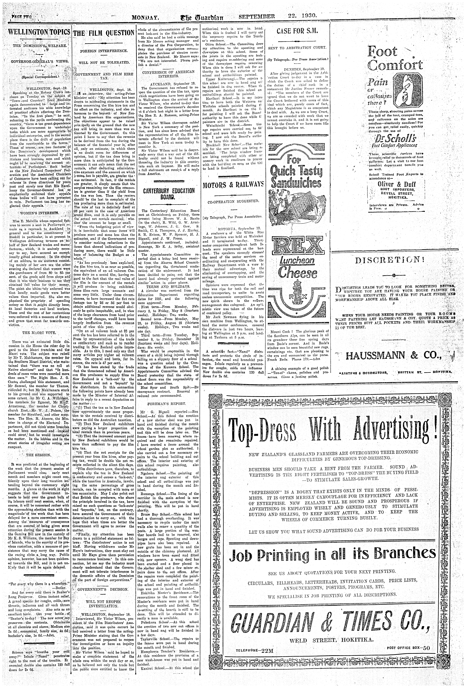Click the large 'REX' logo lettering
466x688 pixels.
tap(297, 245)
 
